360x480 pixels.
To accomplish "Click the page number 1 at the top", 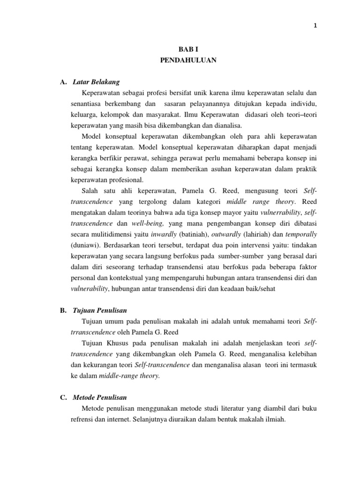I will tap(315, 26).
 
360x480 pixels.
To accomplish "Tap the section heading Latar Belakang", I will tap(97, 82).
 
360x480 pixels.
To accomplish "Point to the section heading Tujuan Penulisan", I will tap(100, 311).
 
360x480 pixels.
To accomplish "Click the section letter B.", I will tap(63, 311).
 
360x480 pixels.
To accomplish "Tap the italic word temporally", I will tap(300, 234).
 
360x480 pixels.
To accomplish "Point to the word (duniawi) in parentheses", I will tap(85, 245).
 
